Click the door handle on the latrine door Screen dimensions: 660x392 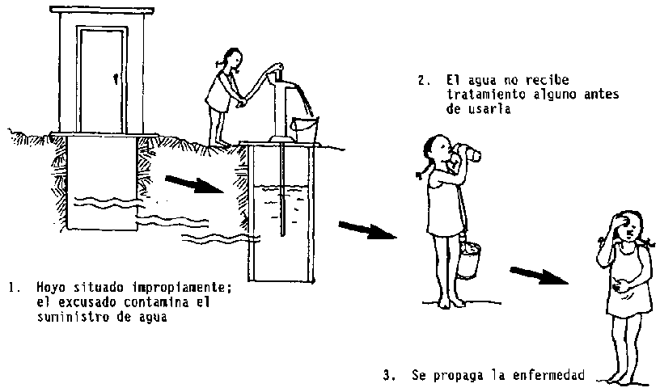(x=116, y=78)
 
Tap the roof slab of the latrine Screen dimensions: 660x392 (x=102, y=9)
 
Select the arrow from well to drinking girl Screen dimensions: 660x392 (x=367, y=230)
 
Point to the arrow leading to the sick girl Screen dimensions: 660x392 (x=539, y=276)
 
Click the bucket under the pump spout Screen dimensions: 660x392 (x=305, y=129)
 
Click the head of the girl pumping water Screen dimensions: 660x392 (x=231, y=59)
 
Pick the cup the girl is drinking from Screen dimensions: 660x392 (x=469, y=154)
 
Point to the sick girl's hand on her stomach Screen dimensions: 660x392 (x=619, y=286)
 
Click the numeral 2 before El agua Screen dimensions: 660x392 (x=421, y=80)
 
